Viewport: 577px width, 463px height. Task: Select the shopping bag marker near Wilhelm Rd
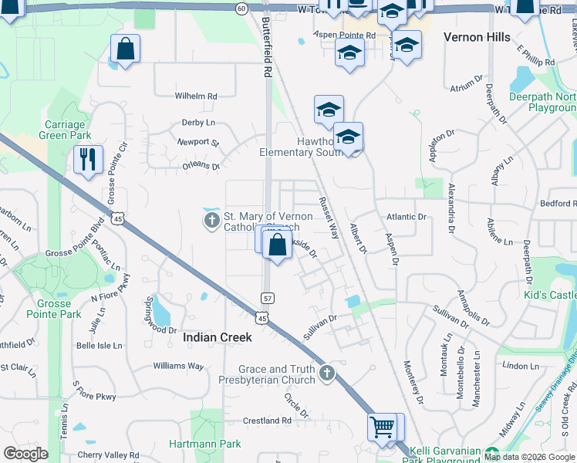pos(125,49)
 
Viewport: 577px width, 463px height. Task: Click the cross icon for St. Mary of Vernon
pos(212,221)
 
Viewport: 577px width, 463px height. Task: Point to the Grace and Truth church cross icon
pos(327,374)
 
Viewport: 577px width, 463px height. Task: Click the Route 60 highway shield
pos(241,8)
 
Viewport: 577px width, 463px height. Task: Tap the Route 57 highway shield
pos(267,298)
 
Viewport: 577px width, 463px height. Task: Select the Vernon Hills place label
pos(477,37)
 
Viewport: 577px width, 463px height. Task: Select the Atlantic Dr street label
pos(407,218)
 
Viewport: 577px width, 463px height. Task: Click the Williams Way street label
pos(178,366)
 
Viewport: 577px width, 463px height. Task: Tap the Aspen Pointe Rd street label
pos(344,35)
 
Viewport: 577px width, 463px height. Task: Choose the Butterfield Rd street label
pos(267,46)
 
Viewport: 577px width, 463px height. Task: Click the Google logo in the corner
pos(26,454)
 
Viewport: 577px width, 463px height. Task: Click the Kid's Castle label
pos(551,296)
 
